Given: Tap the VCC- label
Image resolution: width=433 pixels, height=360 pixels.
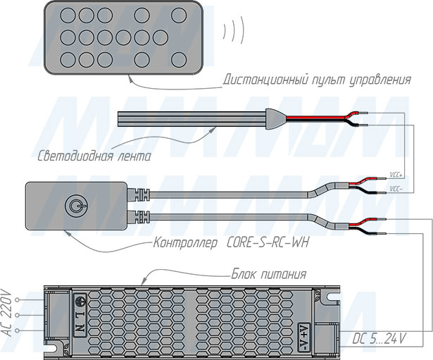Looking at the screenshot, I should click(x=396, y=189).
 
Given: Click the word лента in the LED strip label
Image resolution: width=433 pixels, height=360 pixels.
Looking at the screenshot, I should click(x=134, y=155).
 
